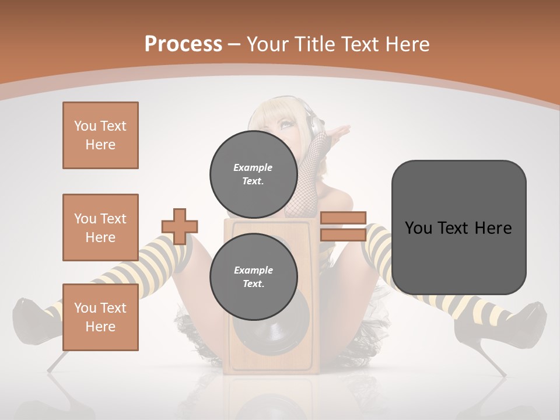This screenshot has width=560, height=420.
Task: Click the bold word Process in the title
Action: tap(183, 44)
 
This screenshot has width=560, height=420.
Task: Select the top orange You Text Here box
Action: tap(100, 135)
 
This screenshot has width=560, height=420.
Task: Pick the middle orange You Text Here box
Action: tap(100, 228)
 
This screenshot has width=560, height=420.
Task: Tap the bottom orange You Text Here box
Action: tap(100, 317)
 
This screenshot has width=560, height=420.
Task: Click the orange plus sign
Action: tap(180, 226)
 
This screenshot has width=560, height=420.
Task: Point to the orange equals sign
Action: tap(343, 226)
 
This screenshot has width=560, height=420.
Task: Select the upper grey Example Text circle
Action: tap(253, 174)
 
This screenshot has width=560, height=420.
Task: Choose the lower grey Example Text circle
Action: tap(253, 276)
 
